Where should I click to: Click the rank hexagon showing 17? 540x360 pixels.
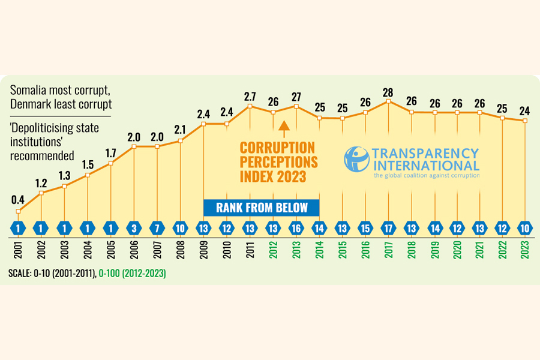pyautogui.click(x=389, y=228)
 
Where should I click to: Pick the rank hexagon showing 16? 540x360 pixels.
pyautogui.click(x=296, y=228)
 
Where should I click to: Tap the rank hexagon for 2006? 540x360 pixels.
pyautogui.click(x=134, y=228)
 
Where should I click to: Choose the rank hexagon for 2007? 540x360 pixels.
pyautogui.click(x=157, y=228)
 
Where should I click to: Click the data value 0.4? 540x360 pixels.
pyautogui.click(x=18, y=199)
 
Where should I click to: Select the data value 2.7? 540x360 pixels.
pyautogui.click(x=250, y=96)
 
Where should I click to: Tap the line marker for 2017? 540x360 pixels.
pyautogui.click(x=389, y=101)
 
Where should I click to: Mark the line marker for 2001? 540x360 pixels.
pyautogui.click(x=18, y=211)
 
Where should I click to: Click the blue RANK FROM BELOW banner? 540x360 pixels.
pyautogui.click(x=261, y=208)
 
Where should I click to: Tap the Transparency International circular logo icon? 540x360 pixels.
pyautogui.click(x=356, y=158)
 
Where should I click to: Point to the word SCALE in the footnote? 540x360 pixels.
pyautogui.click(x=20, y=273)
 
